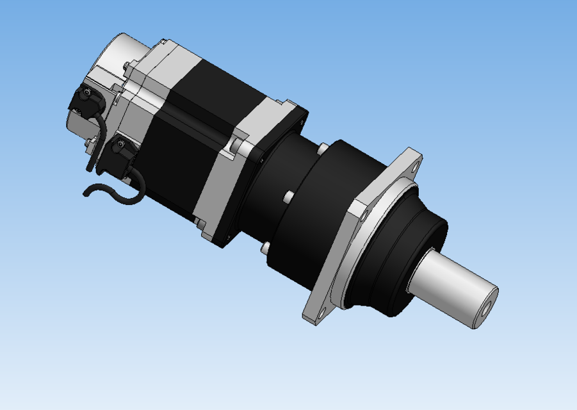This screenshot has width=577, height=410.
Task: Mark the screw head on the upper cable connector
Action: coord(85,94)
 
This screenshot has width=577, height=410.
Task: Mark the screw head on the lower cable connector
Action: coord(118,146)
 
